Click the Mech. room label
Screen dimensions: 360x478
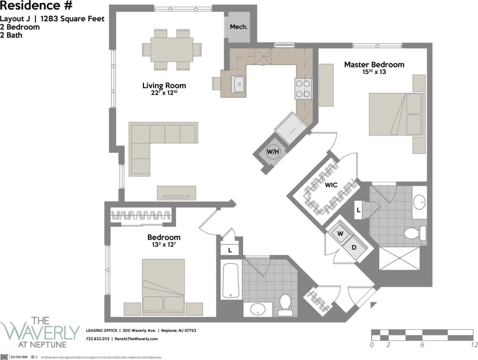pyautogui.click(x=238, y=27)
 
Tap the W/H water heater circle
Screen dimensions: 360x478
pyautogui.click(x=272, y=152)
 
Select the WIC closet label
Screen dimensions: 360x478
pyautogui.click(x=331, y=185)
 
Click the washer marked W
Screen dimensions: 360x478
pyautogui.click(x=341, y=234)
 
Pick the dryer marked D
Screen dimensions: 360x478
pyautogui.click(x=353, y=247)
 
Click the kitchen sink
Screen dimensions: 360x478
pyautogui.click(x=238, y=84)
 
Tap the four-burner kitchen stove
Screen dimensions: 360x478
pyautogui.click(x=303, y=88)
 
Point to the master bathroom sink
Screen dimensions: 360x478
pyautogui.click(x=419, y=202)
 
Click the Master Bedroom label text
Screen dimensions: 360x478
pyautogui.click(x=374, y=65)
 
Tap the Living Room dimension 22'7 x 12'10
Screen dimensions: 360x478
pyautogui.click(x=164, y=93)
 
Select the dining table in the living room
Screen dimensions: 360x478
pyautogui.click(x=171, y=50)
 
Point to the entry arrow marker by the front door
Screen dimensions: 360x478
pyautogui.click(x=373, y=305)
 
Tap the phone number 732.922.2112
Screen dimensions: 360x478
pyautogui.click(x=97, y=339)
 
